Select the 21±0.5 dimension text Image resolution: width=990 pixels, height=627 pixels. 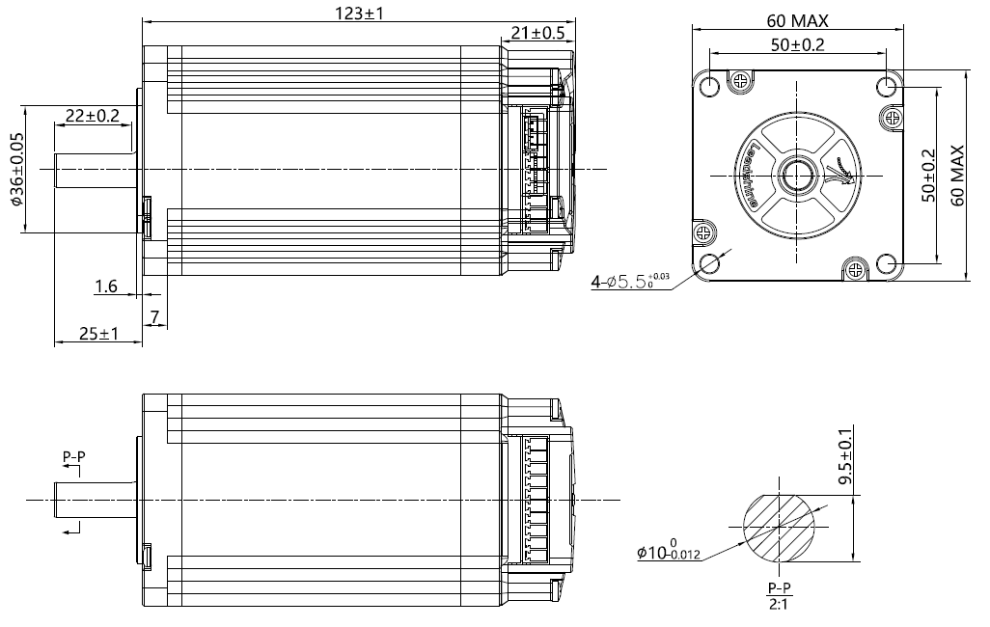(536, 33)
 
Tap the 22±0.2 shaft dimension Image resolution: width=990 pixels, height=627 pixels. (92, 116)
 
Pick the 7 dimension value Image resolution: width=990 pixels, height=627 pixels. (151, 317)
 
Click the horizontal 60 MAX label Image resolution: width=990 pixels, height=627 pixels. (798, 20)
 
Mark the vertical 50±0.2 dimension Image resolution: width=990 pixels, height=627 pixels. (928, 176)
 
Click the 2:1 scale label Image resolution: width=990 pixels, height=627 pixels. (778, 605)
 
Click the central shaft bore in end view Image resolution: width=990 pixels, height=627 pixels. (798, 175)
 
